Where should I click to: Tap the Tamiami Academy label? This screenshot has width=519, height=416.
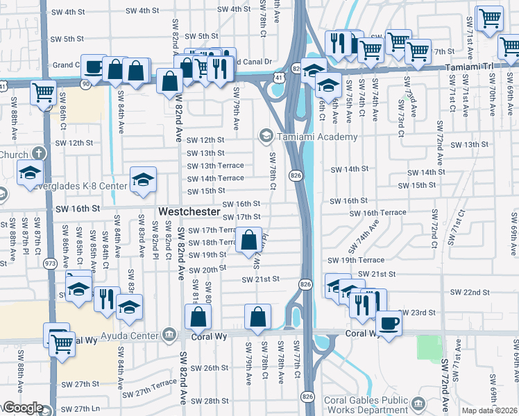317,137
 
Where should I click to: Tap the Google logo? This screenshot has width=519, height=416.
23,408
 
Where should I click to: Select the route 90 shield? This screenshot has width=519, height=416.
86,84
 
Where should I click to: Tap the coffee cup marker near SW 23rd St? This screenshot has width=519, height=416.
388,323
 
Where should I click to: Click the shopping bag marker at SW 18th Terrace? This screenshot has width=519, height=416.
249,241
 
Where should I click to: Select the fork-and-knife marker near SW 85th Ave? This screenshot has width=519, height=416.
106,298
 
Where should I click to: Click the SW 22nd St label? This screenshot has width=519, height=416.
470,292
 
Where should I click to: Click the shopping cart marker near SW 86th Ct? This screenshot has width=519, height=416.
44,92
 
